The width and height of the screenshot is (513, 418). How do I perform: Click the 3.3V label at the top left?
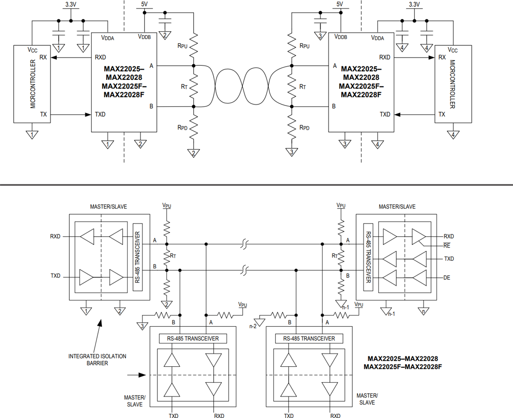click(71, 5)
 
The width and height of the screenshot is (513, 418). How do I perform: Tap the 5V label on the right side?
click(340, 4)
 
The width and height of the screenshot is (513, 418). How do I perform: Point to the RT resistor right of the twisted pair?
click(292, 86)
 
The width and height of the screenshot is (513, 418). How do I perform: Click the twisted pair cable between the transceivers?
click(242, 86)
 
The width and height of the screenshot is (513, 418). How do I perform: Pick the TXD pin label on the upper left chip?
click(100, 115)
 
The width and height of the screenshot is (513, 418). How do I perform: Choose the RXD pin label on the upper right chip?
click(384, 57)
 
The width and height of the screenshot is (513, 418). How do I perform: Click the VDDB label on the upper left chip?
click(144, 37)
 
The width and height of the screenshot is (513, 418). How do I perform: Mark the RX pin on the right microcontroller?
click(442, 57)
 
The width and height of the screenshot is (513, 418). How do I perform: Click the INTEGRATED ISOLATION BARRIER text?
click(97, 359)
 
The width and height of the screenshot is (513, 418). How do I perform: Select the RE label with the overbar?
click(447, 245)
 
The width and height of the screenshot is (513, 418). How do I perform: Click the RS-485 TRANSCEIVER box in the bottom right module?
click(309, 339)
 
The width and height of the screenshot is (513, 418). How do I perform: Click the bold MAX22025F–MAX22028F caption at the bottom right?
click(402, 366)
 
